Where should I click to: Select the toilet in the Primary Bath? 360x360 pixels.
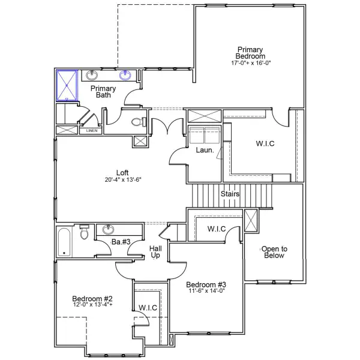click(x=137, y=122)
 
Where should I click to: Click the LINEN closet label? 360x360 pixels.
click(x=91, y=130)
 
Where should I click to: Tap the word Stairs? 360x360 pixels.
click(x=230, y=194)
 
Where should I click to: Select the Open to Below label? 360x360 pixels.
click(x=274, y=252)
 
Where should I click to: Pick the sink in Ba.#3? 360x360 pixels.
click(x=109, y=230)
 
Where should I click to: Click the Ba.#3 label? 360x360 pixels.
click(x=121, y=242)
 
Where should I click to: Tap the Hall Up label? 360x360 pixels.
click(x=155, y=252)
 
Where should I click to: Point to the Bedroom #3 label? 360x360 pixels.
click(x=205, y=284)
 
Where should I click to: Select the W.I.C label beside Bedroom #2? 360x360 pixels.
click(x=148, y=308)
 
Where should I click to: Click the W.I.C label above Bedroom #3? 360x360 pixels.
click(x=216, y=229)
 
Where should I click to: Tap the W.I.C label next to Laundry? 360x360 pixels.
click(x=259, y=143)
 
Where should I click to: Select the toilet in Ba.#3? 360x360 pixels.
click(x=85, y=233)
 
